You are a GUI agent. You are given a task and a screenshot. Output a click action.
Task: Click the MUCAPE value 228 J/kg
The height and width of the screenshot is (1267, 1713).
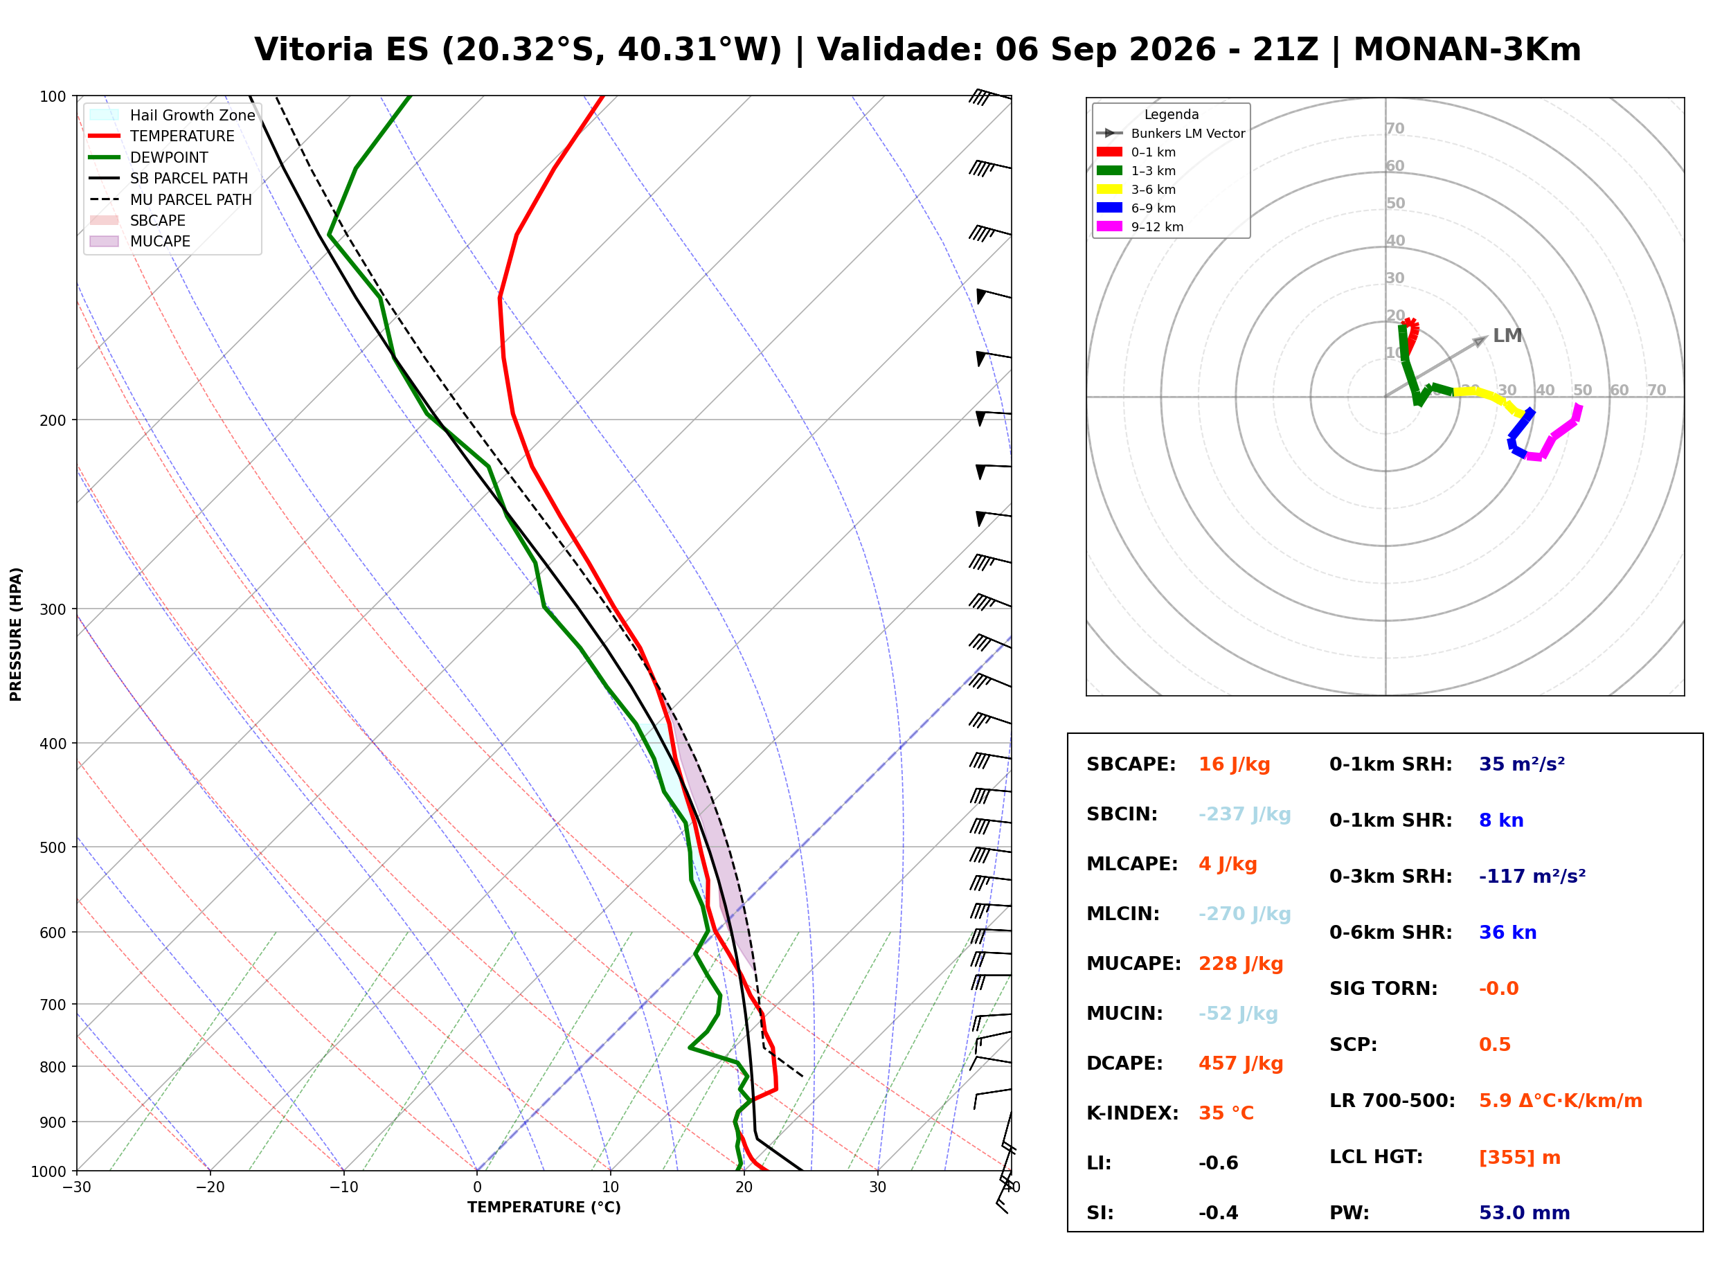click(1241, 963)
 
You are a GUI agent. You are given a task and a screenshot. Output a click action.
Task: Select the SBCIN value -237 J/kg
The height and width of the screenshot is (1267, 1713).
click(1244, 814)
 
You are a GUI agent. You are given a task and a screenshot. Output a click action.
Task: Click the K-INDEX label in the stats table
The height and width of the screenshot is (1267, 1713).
click(1133, 1113)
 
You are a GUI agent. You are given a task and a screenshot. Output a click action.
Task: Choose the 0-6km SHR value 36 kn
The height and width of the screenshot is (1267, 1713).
click(1507, 932)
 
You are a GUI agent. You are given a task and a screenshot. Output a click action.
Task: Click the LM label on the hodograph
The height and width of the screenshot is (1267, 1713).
click(1507, 335)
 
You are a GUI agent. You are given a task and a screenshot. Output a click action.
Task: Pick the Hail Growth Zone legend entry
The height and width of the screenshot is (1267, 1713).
click(172, 115)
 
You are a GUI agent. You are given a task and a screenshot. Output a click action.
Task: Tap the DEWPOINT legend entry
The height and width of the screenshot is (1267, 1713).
click(150, 157)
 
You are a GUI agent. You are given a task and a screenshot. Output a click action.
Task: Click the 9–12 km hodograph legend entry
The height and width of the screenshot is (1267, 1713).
click(1140, 227)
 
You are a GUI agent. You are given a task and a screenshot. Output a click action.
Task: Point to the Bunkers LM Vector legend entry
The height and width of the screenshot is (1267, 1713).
click(1171, 134)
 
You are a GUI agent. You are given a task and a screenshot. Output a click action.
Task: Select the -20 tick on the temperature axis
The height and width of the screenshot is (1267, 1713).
click(210, 1187)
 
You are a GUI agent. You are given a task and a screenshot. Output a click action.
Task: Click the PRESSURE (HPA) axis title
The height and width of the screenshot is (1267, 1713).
click(16, 634)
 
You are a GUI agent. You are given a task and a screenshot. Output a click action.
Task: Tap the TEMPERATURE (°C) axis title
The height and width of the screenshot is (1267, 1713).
click(544, 1207)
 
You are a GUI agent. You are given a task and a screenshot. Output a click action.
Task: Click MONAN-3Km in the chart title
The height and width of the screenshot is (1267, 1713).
click(1467, 50)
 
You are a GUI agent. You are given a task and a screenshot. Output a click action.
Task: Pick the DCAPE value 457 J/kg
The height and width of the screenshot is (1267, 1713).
click(1241, 1063)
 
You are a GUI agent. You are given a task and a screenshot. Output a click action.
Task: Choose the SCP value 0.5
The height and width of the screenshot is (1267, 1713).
click(1494, 1044)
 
